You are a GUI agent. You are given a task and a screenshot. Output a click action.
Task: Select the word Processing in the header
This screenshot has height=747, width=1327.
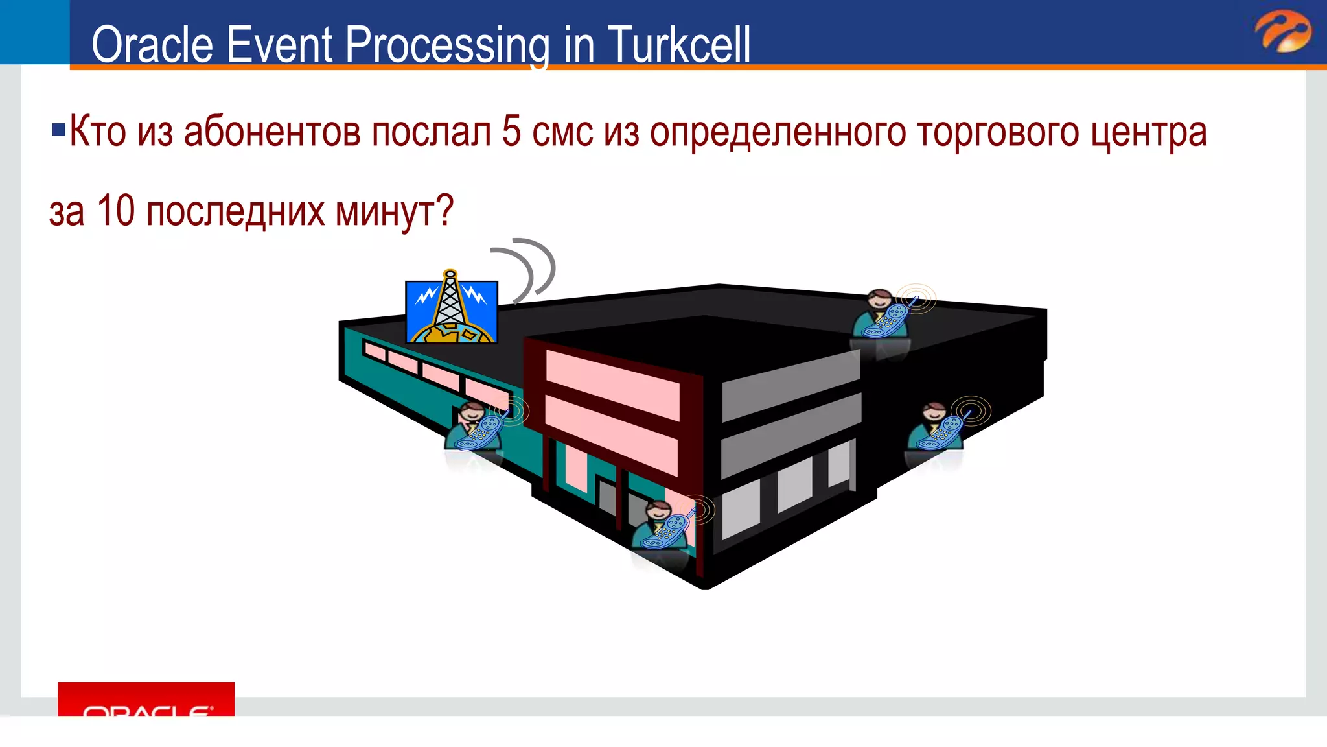[x=448, y=45]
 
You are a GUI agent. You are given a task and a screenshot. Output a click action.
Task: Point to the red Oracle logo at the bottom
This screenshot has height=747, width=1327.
[x=146, y=700]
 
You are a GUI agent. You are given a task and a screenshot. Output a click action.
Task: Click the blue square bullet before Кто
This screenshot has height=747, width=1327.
[x=58, y=130]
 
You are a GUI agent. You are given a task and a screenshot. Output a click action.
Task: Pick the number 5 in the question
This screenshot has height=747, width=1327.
[x=511, y=132]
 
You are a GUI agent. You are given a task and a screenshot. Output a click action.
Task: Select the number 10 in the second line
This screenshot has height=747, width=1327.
[x=115, y=211]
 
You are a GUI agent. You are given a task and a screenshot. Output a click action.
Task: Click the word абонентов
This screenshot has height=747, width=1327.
[x=272, y=132]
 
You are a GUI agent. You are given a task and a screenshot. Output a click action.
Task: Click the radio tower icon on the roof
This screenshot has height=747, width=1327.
[x=451, y=309]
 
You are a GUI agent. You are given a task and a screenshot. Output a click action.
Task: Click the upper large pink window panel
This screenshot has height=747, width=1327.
[x=612, y=383]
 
